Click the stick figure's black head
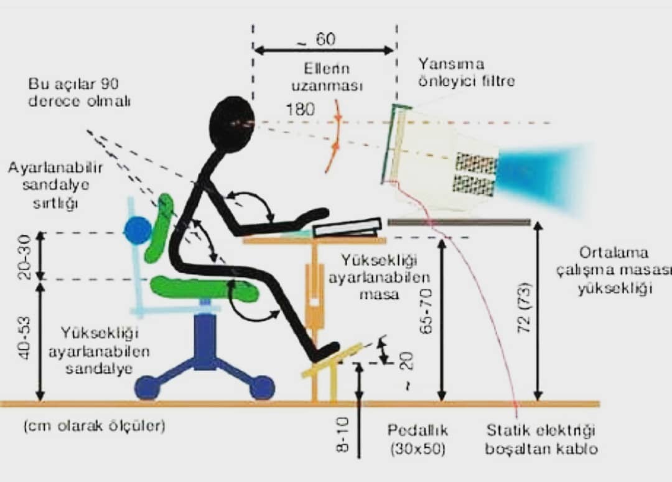[232, 124]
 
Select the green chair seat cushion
[203, 288]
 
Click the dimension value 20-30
[24, 257]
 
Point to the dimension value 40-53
[24, 338]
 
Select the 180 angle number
[300, 110]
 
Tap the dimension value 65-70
[426, 311]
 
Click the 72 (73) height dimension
[524, 307]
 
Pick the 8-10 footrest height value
[342, 435]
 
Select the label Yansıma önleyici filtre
[466, 72]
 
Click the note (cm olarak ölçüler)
[95, 426]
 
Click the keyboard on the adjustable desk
[347, 228]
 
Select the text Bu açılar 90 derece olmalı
[79, 92]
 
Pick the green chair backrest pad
[159, 228]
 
